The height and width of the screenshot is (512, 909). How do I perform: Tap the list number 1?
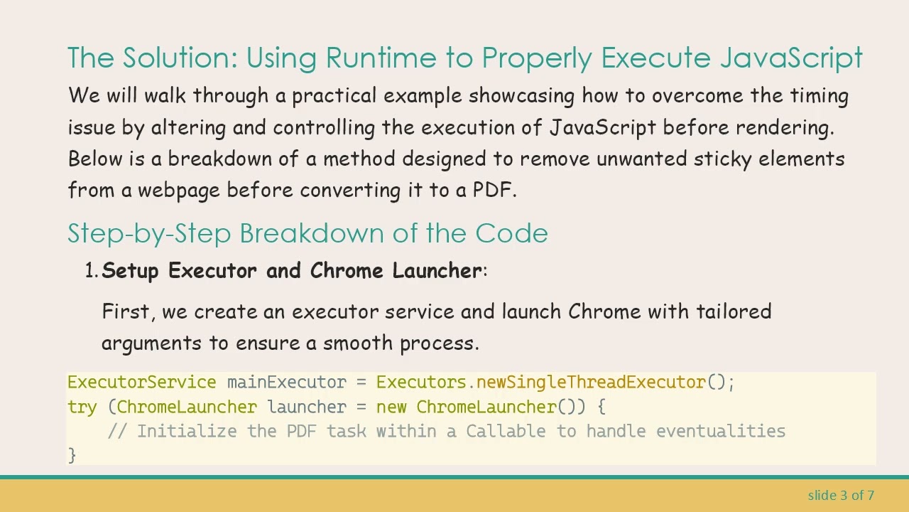90,271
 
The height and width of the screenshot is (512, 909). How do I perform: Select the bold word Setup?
131,271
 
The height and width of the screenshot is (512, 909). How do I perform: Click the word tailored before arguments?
733,311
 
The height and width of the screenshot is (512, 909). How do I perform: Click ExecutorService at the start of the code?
141,383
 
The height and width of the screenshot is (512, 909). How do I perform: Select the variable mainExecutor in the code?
286,383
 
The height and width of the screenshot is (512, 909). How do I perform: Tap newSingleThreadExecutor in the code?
591,383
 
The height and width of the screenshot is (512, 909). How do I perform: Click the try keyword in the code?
82,407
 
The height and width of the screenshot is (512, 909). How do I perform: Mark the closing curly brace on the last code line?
72,455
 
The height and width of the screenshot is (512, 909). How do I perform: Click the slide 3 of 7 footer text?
841,495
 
